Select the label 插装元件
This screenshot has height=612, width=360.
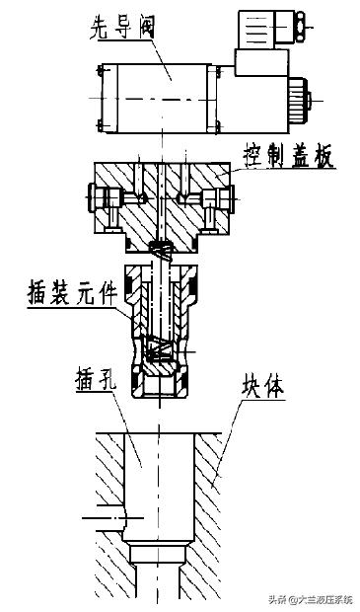click(61, 293)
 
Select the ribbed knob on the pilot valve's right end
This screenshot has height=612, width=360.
click(304, 100)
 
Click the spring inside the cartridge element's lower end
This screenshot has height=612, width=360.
click(158, 349)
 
